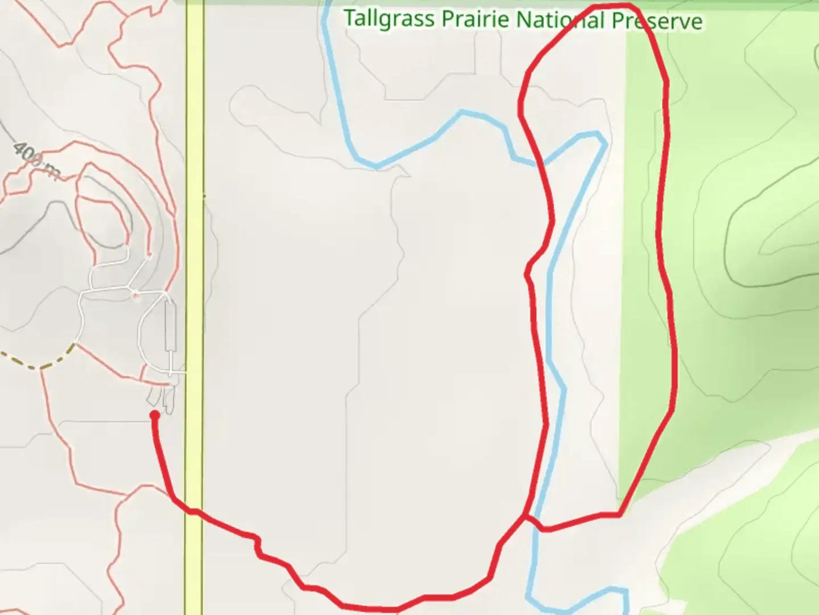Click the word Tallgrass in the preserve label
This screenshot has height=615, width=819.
point(389,18)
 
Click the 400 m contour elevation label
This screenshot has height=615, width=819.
point(36,161)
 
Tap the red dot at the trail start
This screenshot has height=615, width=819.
point(154,415)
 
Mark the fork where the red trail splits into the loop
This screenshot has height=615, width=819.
point(524,517)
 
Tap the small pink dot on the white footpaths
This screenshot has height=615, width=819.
point(135,294)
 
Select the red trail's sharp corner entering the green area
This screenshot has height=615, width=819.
point(619,515)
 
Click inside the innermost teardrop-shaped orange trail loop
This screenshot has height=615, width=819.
point(102,216)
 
